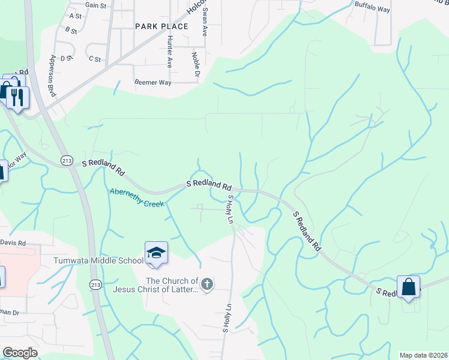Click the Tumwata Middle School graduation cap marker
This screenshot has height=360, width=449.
click(x=156, y=253)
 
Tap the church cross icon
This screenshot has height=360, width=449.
click(x=206, y=284)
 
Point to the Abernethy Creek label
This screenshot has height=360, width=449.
click(x=137, y=197)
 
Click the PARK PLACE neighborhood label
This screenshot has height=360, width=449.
click(x=161, y=26)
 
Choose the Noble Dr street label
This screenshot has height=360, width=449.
click(x=195, y=64)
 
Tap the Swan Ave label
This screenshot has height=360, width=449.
click(x=205, y=22)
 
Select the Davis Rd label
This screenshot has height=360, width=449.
click(x=13, y=243)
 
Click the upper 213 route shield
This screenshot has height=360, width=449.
click(x=67, y=159)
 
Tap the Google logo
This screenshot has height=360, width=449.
click(x=20, y=353)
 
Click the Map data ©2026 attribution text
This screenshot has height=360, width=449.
click(x=423, y=355)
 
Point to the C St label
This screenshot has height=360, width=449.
click(x=95, y=59)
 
